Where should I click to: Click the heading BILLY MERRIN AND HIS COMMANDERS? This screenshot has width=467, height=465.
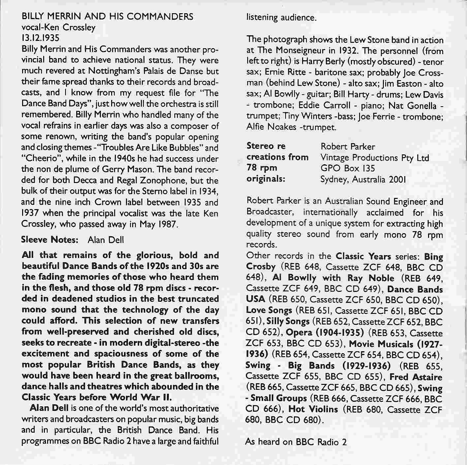pyautogui.click(x=107, y=16)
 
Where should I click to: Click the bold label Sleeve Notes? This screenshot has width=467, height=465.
pyautogui.click(x=49, y=239)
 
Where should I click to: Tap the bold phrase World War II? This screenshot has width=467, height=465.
pyautogui.click(x=140, y=397)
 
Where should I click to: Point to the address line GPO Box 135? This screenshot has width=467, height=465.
pyautogui.click(x=348, y=168)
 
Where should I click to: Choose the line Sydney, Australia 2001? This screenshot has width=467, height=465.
pyautogui.click(x=363, y=179)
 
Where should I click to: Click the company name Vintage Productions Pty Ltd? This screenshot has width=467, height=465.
pyautogui.click(x=375, y=158)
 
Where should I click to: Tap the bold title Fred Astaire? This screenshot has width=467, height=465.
pyautogui.click(x=416, y=377)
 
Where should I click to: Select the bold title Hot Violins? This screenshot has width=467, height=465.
pyautogui.click(x=313, y=410)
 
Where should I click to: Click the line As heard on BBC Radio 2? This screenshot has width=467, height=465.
pyautogui.click(x=296, y=442)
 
